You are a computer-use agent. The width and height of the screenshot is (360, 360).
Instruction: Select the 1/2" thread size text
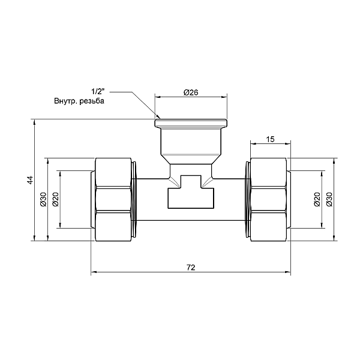(x=97, y=92)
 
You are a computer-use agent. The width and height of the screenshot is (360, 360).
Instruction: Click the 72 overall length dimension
(x=190, y=268)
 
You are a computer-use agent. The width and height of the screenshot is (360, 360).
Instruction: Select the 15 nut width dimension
(x=270, y=139)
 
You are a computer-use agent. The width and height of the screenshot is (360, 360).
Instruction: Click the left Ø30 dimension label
(x=43, y=199)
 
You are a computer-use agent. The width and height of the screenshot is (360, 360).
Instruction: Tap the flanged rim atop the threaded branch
(x=191, y=123)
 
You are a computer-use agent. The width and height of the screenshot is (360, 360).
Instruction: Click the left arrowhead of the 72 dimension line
(x=94, y=274)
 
